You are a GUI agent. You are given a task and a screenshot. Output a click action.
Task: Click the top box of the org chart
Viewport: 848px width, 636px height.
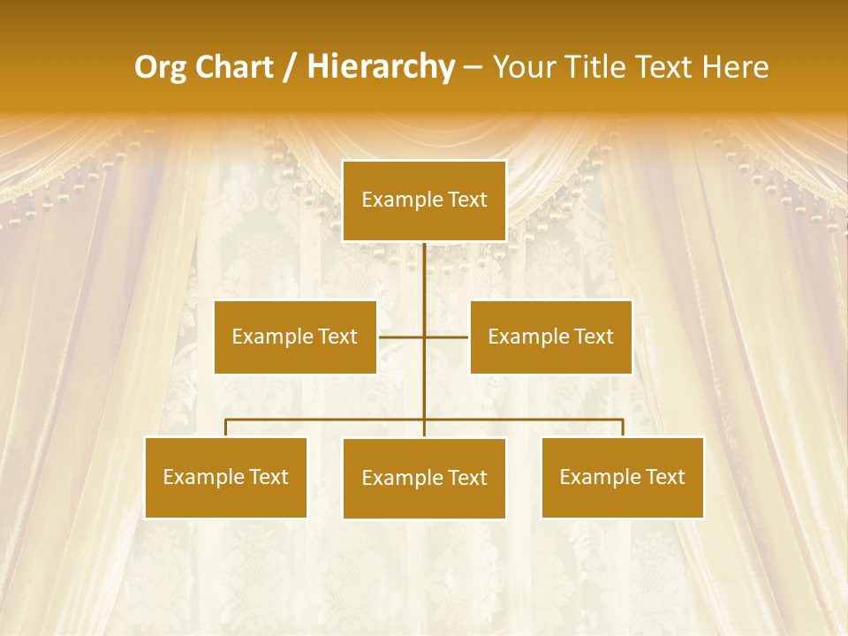click(424, 201)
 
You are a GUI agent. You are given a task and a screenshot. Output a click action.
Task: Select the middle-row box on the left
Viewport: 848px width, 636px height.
click(295, 337)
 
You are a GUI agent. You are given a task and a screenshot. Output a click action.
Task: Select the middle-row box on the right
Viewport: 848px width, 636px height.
click(550, 337)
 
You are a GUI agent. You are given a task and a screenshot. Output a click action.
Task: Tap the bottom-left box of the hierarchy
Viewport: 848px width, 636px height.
click(225, 477)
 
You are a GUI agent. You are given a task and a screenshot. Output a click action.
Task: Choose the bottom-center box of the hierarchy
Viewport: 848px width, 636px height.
click(424, 478)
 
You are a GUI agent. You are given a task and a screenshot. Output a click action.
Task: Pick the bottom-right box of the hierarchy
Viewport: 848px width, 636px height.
click(622, 477)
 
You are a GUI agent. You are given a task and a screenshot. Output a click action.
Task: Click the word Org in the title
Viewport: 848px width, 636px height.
click(160, 67)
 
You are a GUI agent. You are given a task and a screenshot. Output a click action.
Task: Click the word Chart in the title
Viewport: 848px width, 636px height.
click(233, 67)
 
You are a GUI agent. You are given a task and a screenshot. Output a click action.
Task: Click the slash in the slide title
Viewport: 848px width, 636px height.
click(290, 67)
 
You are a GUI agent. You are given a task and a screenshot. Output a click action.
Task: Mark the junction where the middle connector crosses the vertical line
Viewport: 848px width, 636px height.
click(424, 337)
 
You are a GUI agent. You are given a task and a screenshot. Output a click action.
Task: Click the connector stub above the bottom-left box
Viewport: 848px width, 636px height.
click(225, 428)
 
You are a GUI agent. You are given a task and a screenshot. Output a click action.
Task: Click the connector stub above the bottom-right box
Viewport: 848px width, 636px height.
click(623, 428)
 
